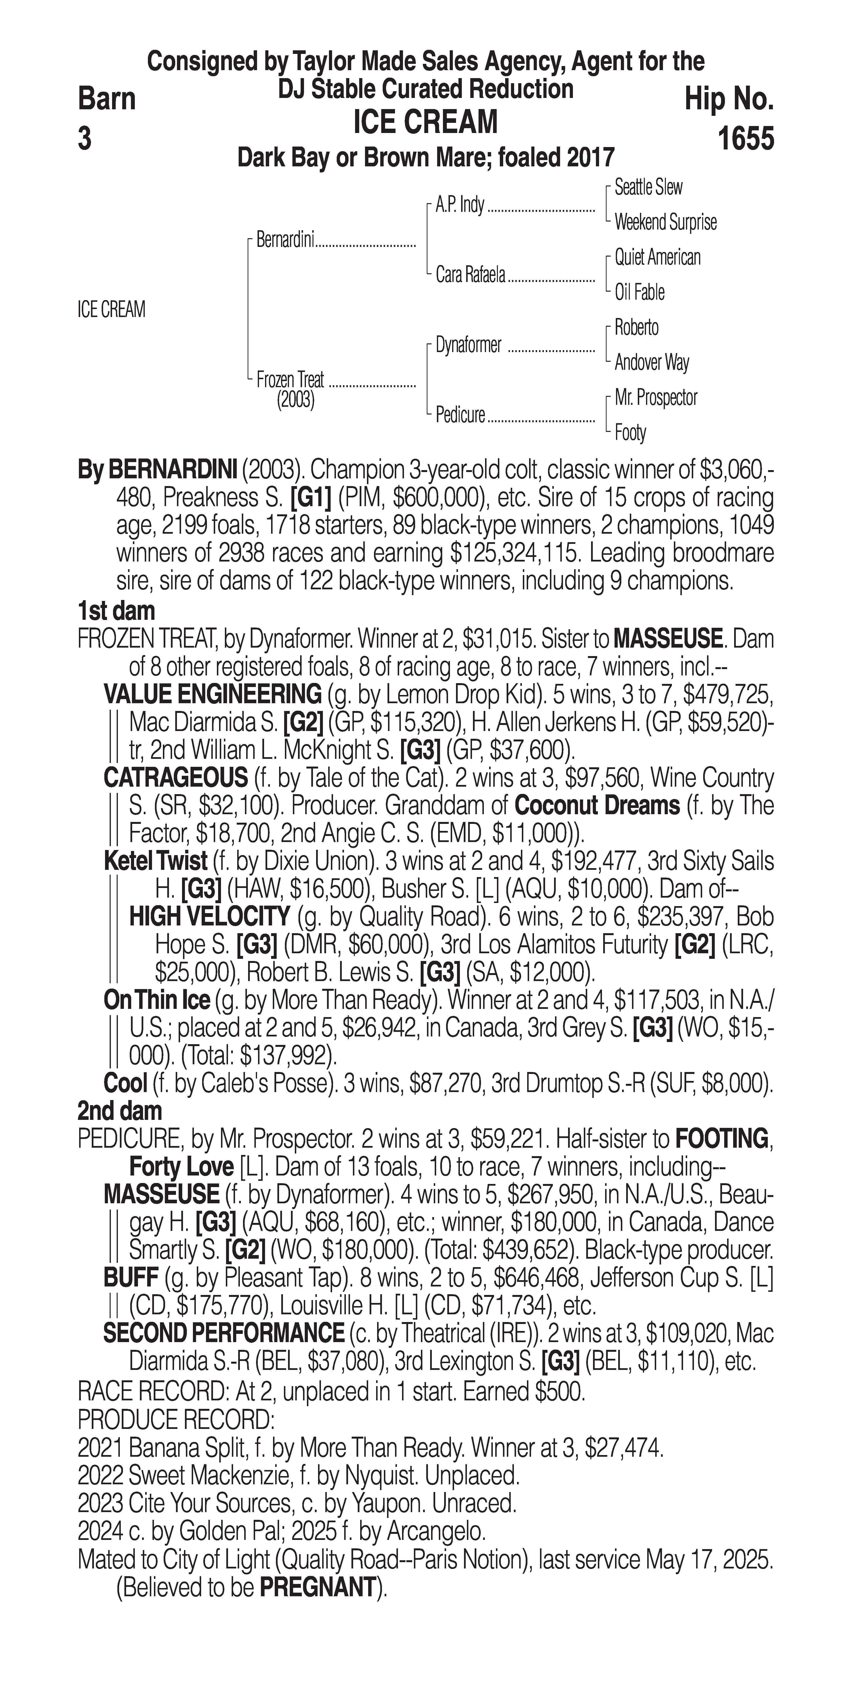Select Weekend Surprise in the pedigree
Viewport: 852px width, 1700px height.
pos(665,222)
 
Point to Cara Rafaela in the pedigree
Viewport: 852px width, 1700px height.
pos(470,274)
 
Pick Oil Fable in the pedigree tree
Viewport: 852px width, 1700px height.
pos(639,292)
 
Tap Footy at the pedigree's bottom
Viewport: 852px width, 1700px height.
pos(630,433)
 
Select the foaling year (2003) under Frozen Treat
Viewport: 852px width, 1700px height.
pos(295,400)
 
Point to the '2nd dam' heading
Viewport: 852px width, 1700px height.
pos(120,1111)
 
